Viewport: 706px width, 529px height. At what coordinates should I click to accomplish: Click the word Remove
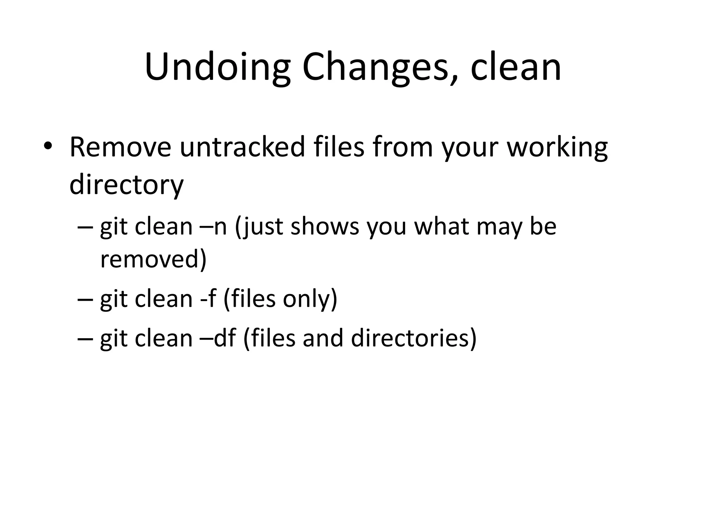[x=120, y=147]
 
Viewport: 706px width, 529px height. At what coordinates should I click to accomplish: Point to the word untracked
[x=242, y=147]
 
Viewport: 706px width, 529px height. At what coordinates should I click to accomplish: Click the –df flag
[x=218, y=338]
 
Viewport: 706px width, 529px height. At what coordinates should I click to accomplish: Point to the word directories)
[x=414, y=338]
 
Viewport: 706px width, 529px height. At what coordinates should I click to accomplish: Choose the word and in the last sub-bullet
[x=323, y=338]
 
